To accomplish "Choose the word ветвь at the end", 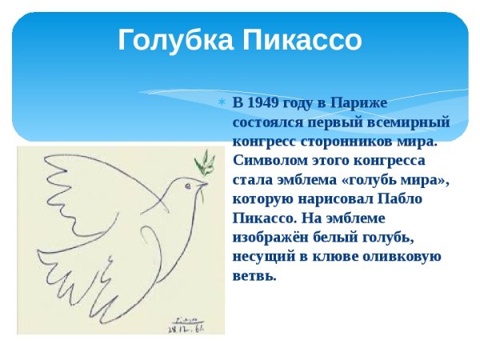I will tap(253, 276).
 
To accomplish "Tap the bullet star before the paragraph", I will tap(223, 103).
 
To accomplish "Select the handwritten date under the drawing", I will tap(186, 326).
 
